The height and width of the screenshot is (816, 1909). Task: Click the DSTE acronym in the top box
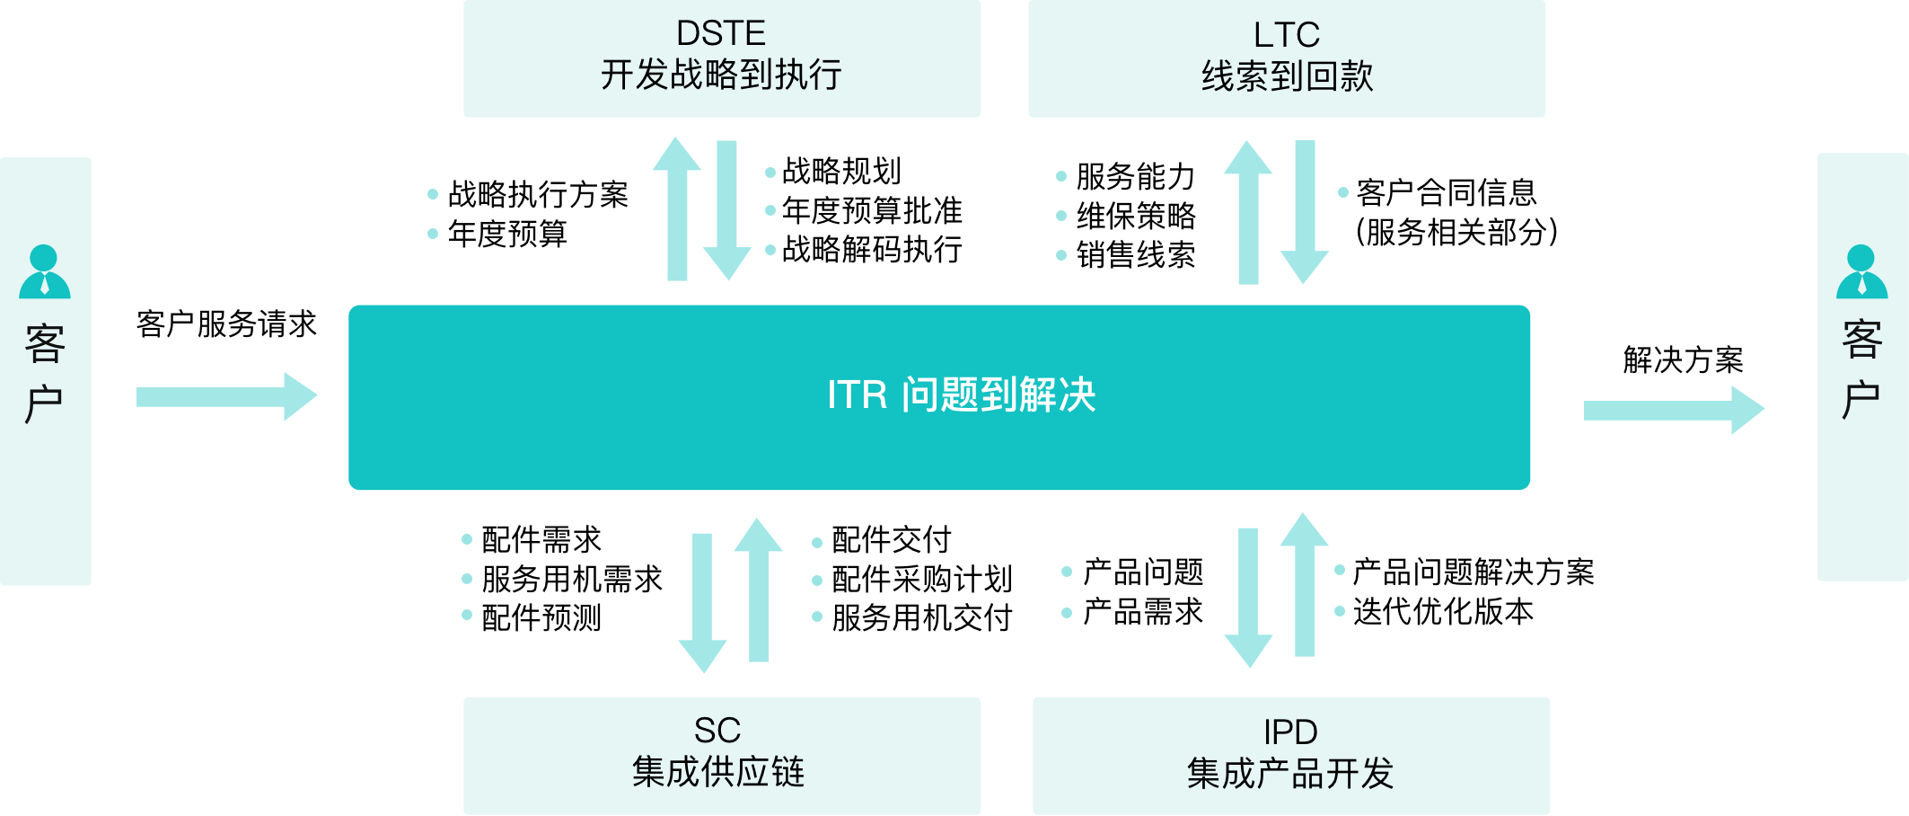point(720,34)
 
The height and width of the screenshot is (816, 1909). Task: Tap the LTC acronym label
point(1286,36)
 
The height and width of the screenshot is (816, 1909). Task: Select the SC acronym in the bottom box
point(717,731)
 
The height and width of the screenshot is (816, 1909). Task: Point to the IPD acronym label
point(1289,733)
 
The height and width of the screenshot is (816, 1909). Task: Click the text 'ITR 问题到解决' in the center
point(961,395)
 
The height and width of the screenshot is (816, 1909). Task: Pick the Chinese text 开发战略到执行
point(720,75)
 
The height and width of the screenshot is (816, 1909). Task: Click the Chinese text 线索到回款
point(1287,77)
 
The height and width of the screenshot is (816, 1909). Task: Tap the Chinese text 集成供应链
point(717,772)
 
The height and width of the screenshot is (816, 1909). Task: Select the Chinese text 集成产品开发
point(1289,774)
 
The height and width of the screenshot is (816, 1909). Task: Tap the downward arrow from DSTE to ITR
point(727,210)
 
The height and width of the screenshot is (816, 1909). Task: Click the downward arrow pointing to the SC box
point(702,602)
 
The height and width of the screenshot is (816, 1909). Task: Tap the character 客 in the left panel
point(45,344)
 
